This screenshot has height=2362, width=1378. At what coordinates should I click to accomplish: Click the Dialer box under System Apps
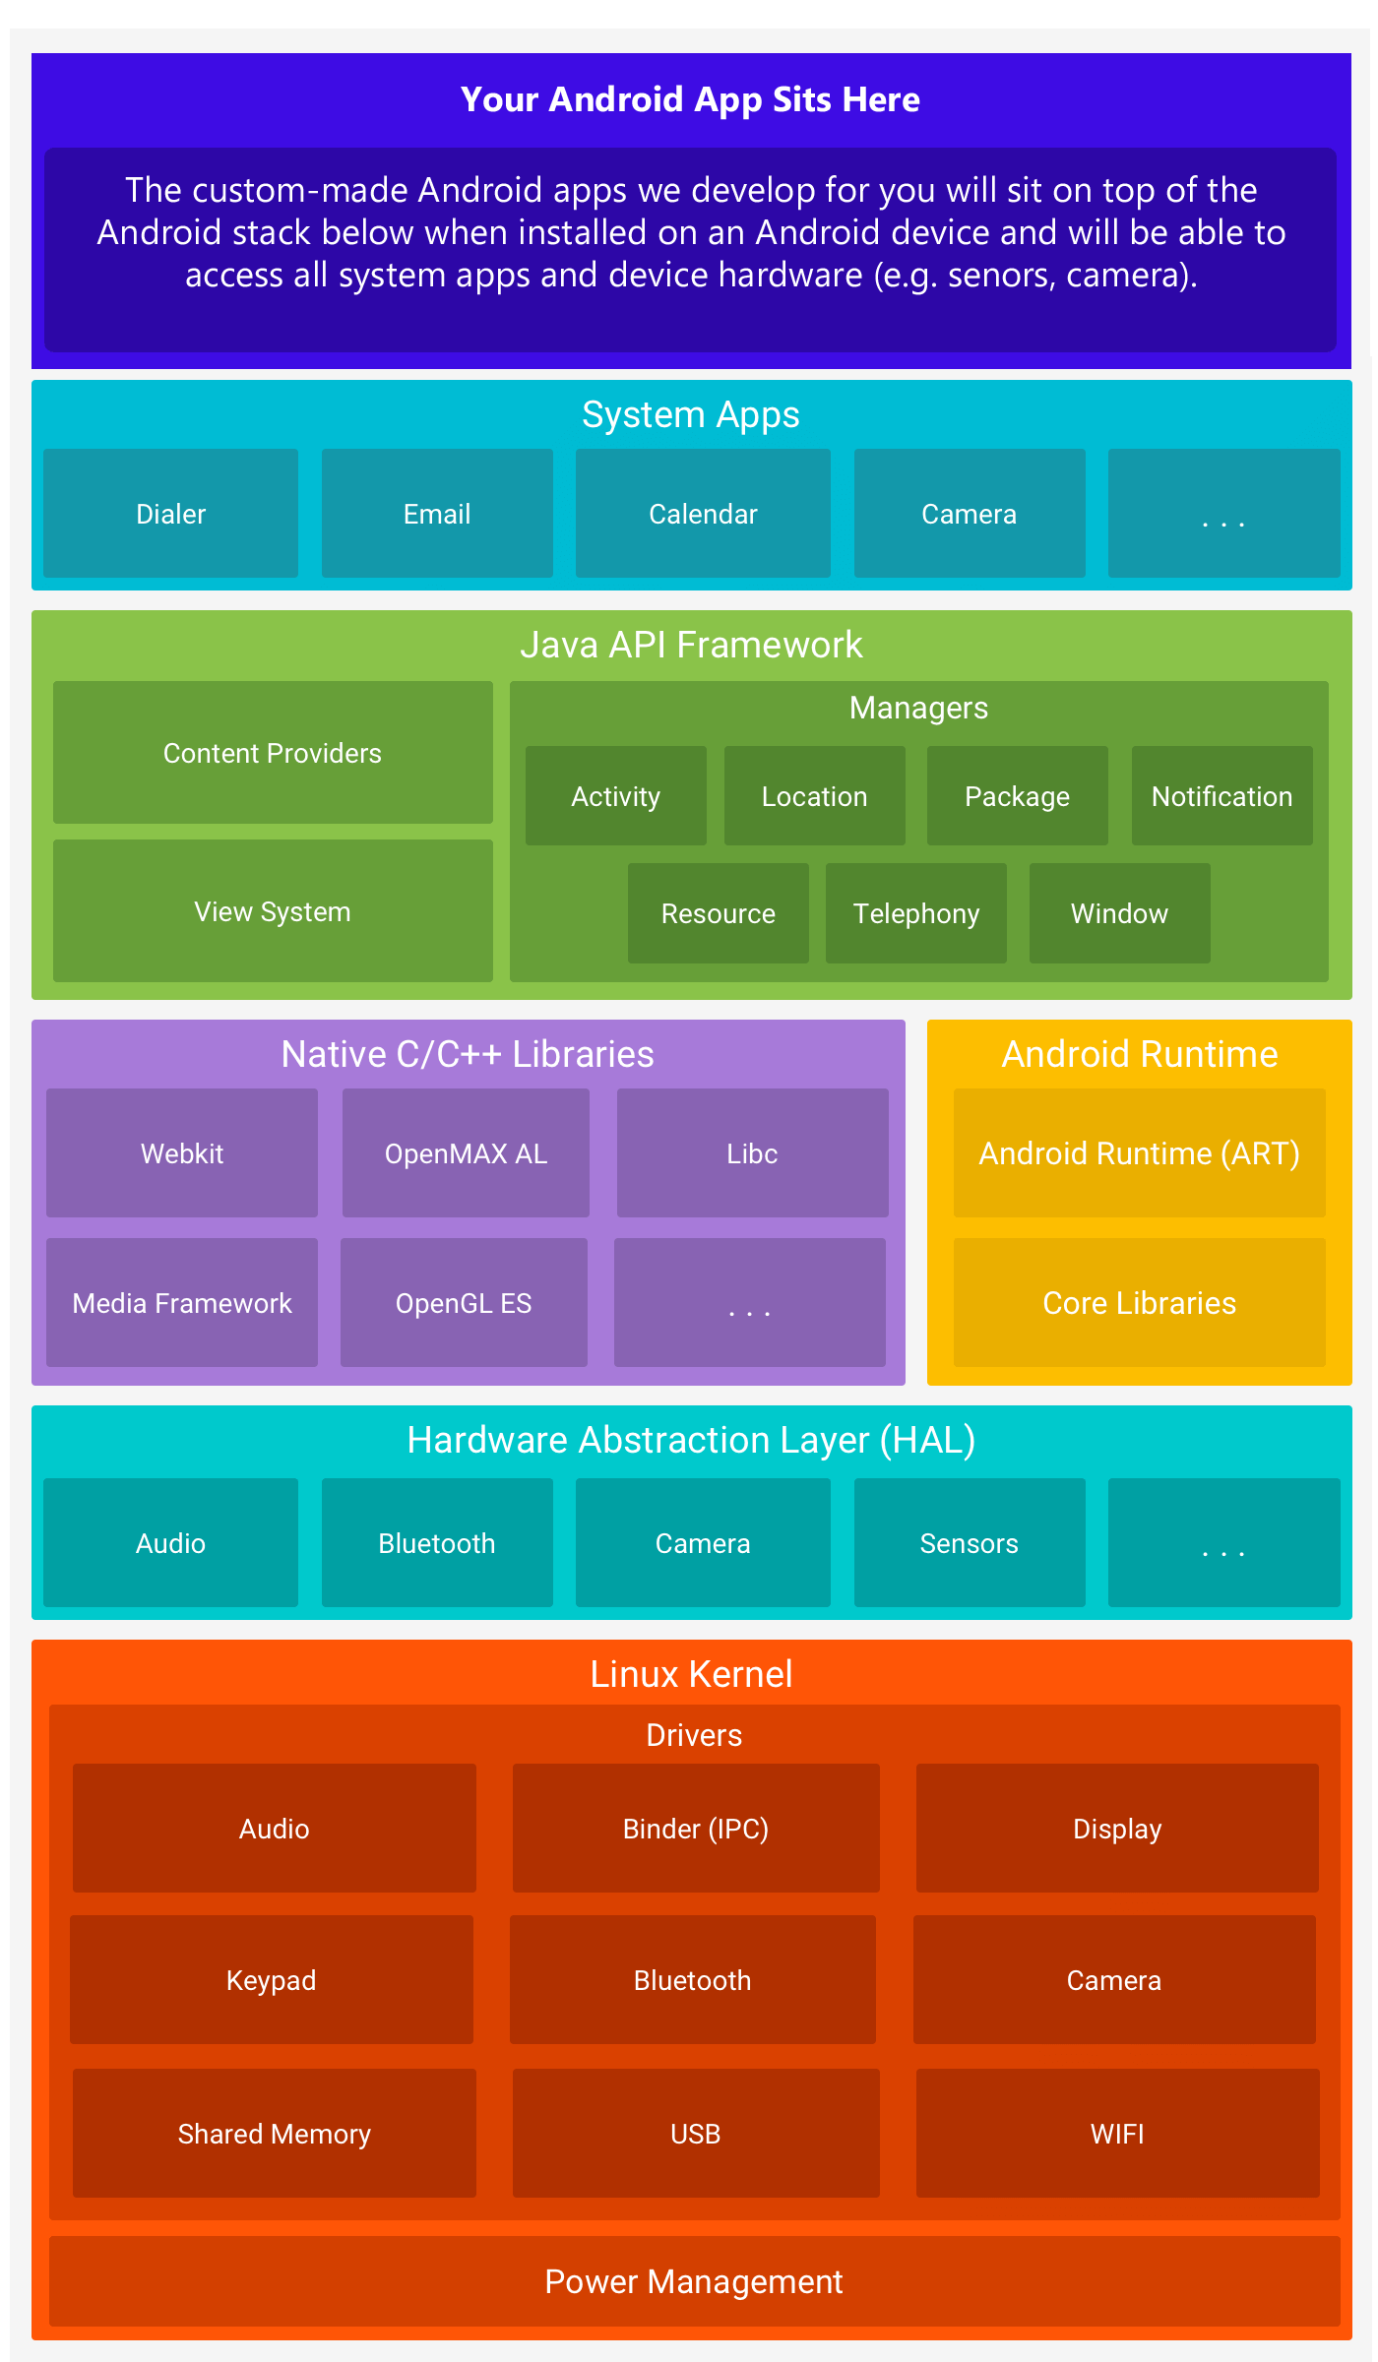(x=170, y=514)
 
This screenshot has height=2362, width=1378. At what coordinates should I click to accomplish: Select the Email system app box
(x=437, y=514)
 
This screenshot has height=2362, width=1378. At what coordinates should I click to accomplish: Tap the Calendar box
(x=703, y=514)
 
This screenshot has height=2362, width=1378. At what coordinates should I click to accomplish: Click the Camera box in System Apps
(x=970, y=514)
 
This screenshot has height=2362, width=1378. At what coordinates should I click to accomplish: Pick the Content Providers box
(x=273, y=753)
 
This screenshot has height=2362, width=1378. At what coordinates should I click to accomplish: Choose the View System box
(x=273, y=911)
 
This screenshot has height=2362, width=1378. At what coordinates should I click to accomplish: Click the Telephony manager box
(x=915, y=913)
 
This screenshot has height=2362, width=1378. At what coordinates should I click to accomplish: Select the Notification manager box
(x=1221, y=796)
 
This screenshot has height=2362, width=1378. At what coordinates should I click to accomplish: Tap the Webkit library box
(x=182, y=1153)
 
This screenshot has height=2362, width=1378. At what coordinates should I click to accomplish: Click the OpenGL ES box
(x=464, y=1303)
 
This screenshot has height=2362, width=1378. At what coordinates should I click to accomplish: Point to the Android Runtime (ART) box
(x=1139, y=1153)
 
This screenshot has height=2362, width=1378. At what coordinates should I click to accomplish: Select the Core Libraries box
(x=1139, y=1303)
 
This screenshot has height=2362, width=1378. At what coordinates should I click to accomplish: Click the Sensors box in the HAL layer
(x=970, y=1543)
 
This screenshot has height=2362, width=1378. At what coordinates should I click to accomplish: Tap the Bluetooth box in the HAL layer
(x=437, y=1543)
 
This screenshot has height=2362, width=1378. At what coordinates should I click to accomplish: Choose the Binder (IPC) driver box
(x=696, y=1829)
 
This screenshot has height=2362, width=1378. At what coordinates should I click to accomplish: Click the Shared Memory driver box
(x=274, y=2134)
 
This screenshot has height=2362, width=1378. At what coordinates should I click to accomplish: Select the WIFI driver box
(x=1117, y=2134)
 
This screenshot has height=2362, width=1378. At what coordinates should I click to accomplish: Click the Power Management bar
(x=694, y=2281)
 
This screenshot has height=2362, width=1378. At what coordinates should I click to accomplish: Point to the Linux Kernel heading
(x=691, y=1674)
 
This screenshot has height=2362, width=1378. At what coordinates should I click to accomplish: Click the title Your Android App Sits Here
(x=690, y=99)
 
